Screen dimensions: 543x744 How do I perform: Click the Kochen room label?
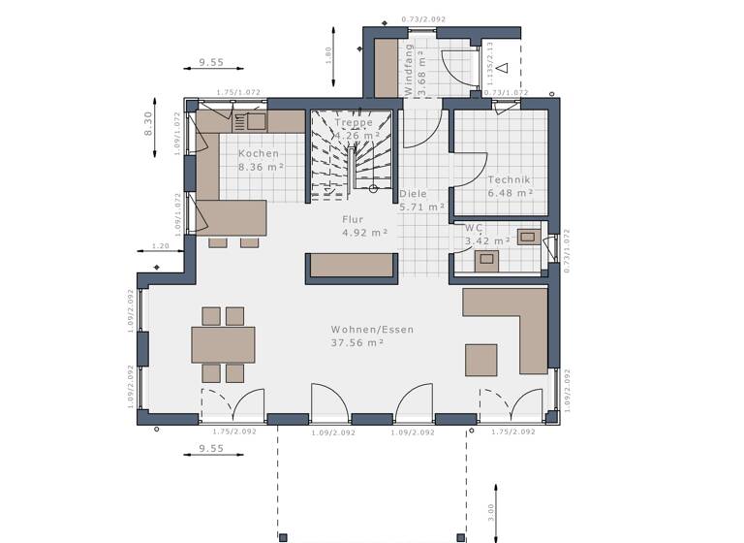pos(259,153)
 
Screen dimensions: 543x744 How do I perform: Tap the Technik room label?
pos(511,179)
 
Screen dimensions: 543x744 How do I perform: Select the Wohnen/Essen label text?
pos(372,330)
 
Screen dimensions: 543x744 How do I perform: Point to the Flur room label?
pos(352,219)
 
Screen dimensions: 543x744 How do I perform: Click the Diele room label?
pos(413,194)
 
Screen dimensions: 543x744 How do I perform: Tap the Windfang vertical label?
pos(409,68)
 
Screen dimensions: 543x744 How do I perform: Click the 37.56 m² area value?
pos(357,342)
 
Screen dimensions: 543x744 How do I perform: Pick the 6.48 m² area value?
pos(511,193)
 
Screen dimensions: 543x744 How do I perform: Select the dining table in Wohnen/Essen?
pos(223,344)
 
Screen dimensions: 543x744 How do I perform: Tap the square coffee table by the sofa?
pos(480,359)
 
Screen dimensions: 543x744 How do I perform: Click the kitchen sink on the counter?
pos(256,121)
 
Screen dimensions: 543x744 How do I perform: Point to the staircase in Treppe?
pos(351,155)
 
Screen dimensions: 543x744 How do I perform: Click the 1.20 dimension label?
pos(160,246)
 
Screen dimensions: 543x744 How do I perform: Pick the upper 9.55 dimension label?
pos(211,62)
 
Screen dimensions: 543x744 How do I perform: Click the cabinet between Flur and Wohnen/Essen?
pos(352,267)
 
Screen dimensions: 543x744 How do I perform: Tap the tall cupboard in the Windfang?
pos(387,68)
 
